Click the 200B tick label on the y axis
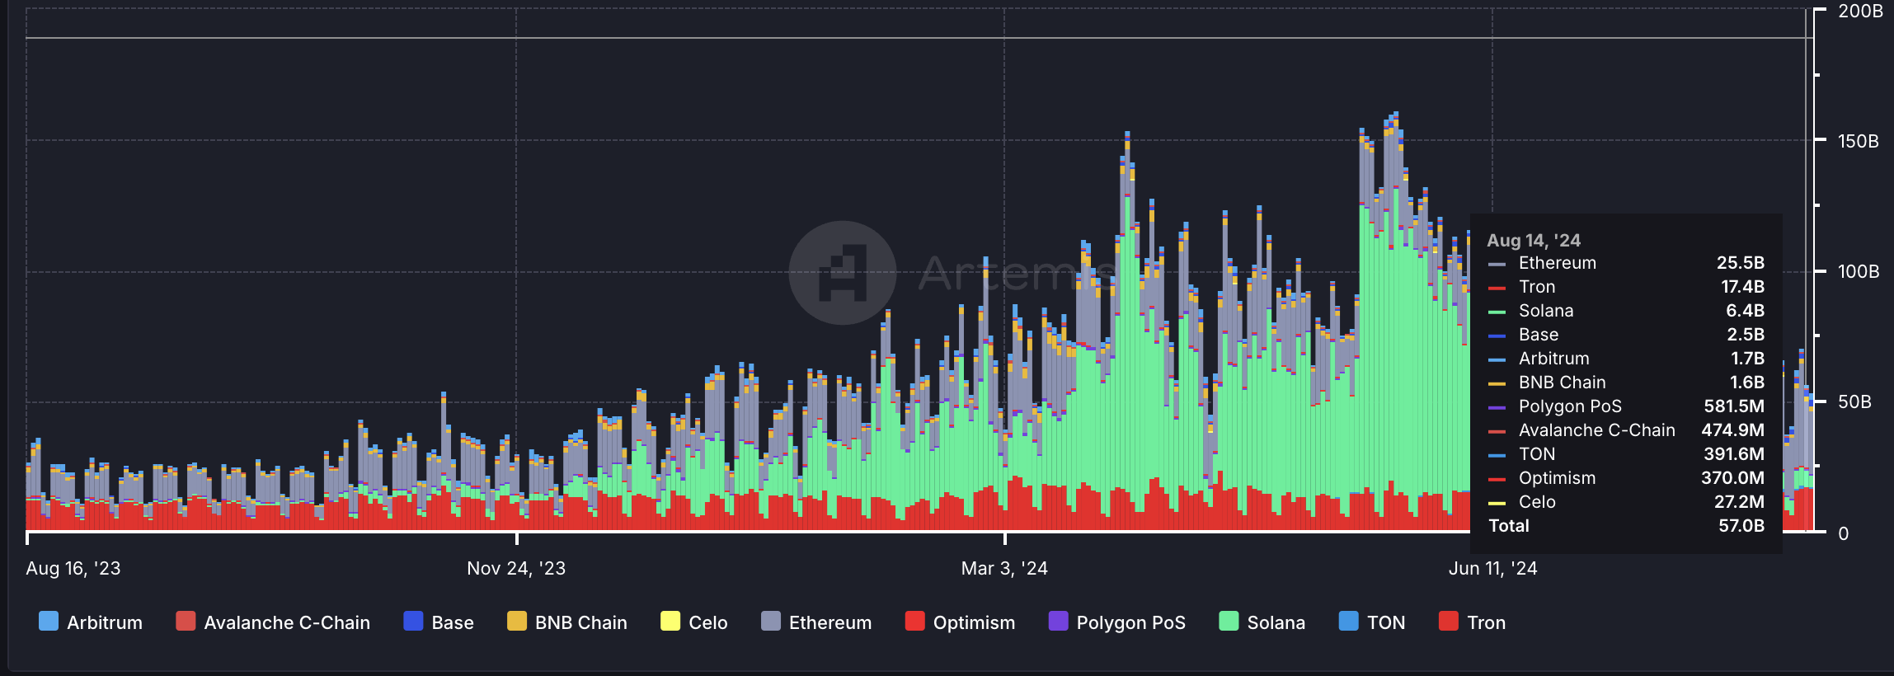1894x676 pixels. [1859, 12]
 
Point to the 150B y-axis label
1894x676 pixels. [1858, 141]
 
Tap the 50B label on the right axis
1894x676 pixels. [1854, 402]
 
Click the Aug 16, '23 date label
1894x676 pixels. [73, 568]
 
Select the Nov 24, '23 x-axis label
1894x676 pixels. [516, 568]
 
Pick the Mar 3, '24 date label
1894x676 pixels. [1004, 568]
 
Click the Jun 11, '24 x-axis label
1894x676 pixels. [1492, 568]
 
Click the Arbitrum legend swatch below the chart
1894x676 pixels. [49, 622]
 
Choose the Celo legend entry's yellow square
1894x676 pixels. [670, 622]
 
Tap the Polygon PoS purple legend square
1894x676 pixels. [1058, 622]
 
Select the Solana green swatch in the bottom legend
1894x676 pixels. [1229, 622]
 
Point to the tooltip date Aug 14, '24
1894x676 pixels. [1534, 241]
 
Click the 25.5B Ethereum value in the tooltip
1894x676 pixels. [1740, 263]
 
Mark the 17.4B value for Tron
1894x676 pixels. [1742, 287]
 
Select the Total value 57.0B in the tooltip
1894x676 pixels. [1741, 526]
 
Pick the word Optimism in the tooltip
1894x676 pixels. [1557, 478]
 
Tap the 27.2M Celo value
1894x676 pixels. [1739, 502]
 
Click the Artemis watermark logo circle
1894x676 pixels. [842, 273]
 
